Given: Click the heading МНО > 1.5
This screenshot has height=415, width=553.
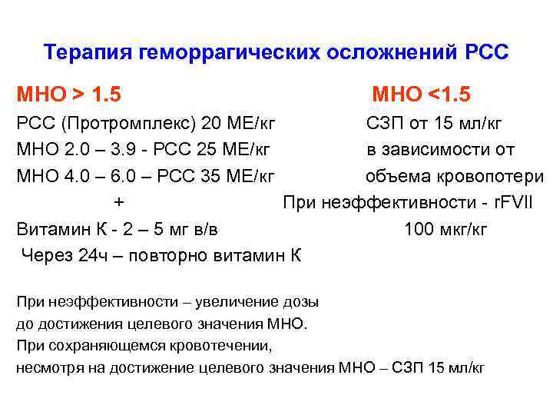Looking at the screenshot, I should [69, 95].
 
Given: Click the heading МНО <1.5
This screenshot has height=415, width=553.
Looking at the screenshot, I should [421, 95].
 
